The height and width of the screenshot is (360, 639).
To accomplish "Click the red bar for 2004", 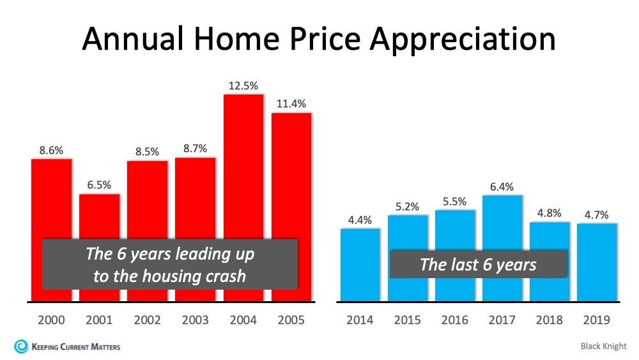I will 243,166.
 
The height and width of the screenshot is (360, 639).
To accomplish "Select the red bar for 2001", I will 100,217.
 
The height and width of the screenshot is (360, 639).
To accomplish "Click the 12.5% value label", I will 243,86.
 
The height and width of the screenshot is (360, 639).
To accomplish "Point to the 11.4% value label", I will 291,104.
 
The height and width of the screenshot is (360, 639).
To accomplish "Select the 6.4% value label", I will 502,187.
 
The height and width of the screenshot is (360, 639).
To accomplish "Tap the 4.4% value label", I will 360,219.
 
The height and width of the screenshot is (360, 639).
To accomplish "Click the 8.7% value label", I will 196,148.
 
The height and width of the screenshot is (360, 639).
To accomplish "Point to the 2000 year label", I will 52,320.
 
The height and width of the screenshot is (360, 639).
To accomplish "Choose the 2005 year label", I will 291,320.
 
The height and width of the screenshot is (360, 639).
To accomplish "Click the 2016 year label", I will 455,320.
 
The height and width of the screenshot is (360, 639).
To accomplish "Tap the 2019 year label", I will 597,320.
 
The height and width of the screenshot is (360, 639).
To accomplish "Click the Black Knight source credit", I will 604,347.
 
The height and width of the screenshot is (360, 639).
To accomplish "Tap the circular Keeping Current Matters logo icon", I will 21,347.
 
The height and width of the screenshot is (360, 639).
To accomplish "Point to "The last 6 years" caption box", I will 478,264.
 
